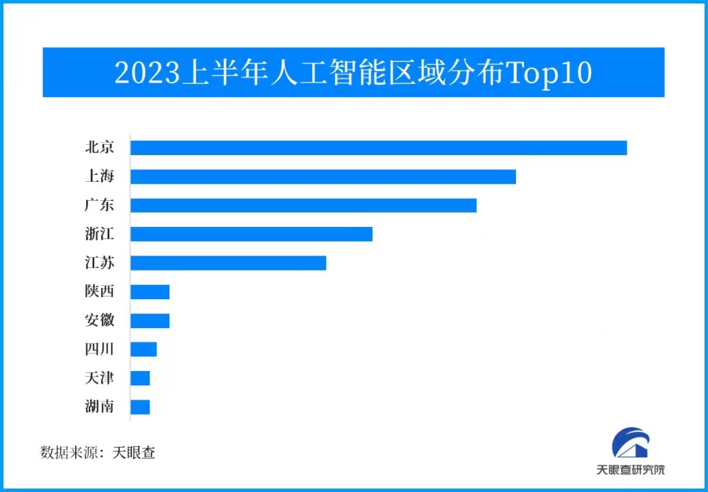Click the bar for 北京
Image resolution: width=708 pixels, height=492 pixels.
point(379,148)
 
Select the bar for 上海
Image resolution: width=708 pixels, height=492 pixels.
point(323,176)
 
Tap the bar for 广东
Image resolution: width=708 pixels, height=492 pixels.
point(303,205)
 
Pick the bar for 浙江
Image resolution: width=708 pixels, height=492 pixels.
point(251,234)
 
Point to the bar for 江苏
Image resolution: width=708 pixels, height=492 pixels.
point(228,263)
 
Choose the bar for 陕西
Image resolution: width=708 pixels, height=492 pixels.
point(150,292)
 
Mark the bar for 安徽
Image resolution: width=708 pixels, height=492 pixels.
point(150,320)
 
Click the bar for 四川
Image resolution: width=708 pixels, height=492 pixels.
point(144,349)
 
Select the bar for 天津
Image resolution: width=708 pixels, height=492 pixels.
point(140,378)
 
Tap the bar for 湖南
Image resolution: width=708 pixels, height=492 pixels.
point(140,407)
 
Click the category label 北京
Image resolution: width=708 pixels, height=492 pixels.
point(99,148)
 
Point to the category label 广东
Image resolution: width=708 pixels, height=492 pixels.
point(99,205)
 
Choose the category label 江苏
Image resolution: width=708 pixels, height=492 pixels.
point(99,263)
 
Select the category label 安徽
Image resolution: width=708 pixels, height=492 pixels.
point(99,320)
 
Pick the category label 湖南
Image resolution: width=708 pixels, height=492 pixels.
point(99,407)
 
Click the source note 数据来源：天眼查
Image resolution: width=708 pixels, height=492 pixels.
point(98,452)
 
